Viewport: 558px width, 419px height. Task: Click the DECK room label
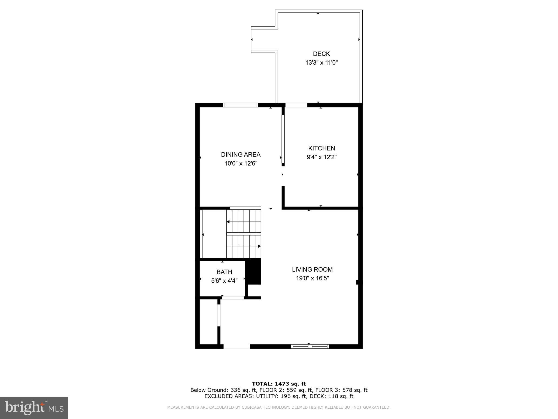(x=321, y=54)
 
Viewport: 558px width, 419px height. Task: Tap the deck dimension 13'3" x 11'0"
(x=321, y=63)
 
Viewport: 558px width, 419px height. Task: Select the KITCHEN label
(x=322, y=148)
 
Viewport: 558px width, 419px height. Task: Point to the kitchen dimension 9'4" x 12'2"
(x=322, y=157)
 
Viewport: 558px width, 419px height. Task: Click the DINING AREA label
(x=241, y=155)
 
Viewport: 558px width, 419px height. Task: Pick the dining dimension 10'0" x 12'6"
(x=241, y=164)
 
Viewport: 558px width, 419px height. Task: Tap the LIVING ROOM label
(x=312, y=270)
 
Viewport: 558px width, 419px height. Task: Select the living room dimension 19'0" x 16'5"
(x=312, y=279)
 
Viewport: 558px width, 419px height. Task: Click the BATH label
(x=224, y=272)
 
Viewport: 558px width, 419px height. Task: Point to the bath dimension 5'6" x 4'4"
(x=224, y=281)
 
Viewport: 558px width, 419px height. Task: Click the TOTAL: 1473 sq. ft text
(x=279, y=384)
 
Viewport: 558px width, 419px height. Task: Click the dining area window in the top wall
(x=240, y=105)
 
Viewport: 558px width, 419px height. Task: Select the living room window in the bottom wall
(x=310, y=346)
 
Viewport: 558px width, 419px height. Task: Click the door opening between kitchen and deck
(x=296, y=105)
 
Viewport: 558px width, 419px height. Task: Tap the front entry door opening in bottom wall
(x=236, y=346)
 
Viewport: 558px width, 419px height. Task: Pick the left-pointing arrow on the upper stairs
(x=228, y=222)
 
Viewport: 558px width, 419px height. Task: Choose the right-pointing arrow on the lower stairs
(x=259, y=246)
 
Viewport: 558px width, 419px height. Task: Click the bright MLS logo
(x=34, y=408)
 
